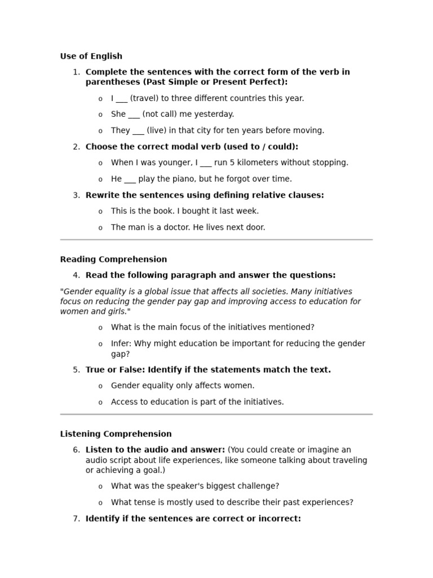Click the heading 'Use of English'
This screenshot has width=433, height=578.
(91, 56)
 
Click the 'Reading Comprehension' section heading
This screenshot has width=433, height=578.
(113, 259)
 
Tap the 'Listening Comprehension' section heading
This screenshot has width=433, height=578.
(116, 433)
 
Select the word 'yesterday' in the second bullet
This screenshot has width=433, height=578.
(214, 114)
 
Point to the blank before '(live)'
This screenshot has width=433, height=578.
(138, 130)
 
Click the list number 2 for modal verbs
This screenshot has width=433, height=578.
(76, 147)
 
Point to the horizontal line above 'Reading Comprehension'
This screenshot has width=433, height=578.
(216, 239)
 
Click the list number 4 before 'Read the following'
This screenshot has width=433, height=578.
(76, 275)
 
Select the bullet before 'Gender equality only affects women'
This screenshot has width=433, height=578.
(100, 386)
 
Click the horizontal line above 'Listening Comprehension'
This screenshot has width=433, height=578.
(216, 414)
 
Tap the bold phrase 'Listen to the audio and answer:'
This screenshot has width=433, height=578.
(155, 450)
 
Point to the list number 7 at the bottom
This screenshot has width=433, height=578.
(76, 519)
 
